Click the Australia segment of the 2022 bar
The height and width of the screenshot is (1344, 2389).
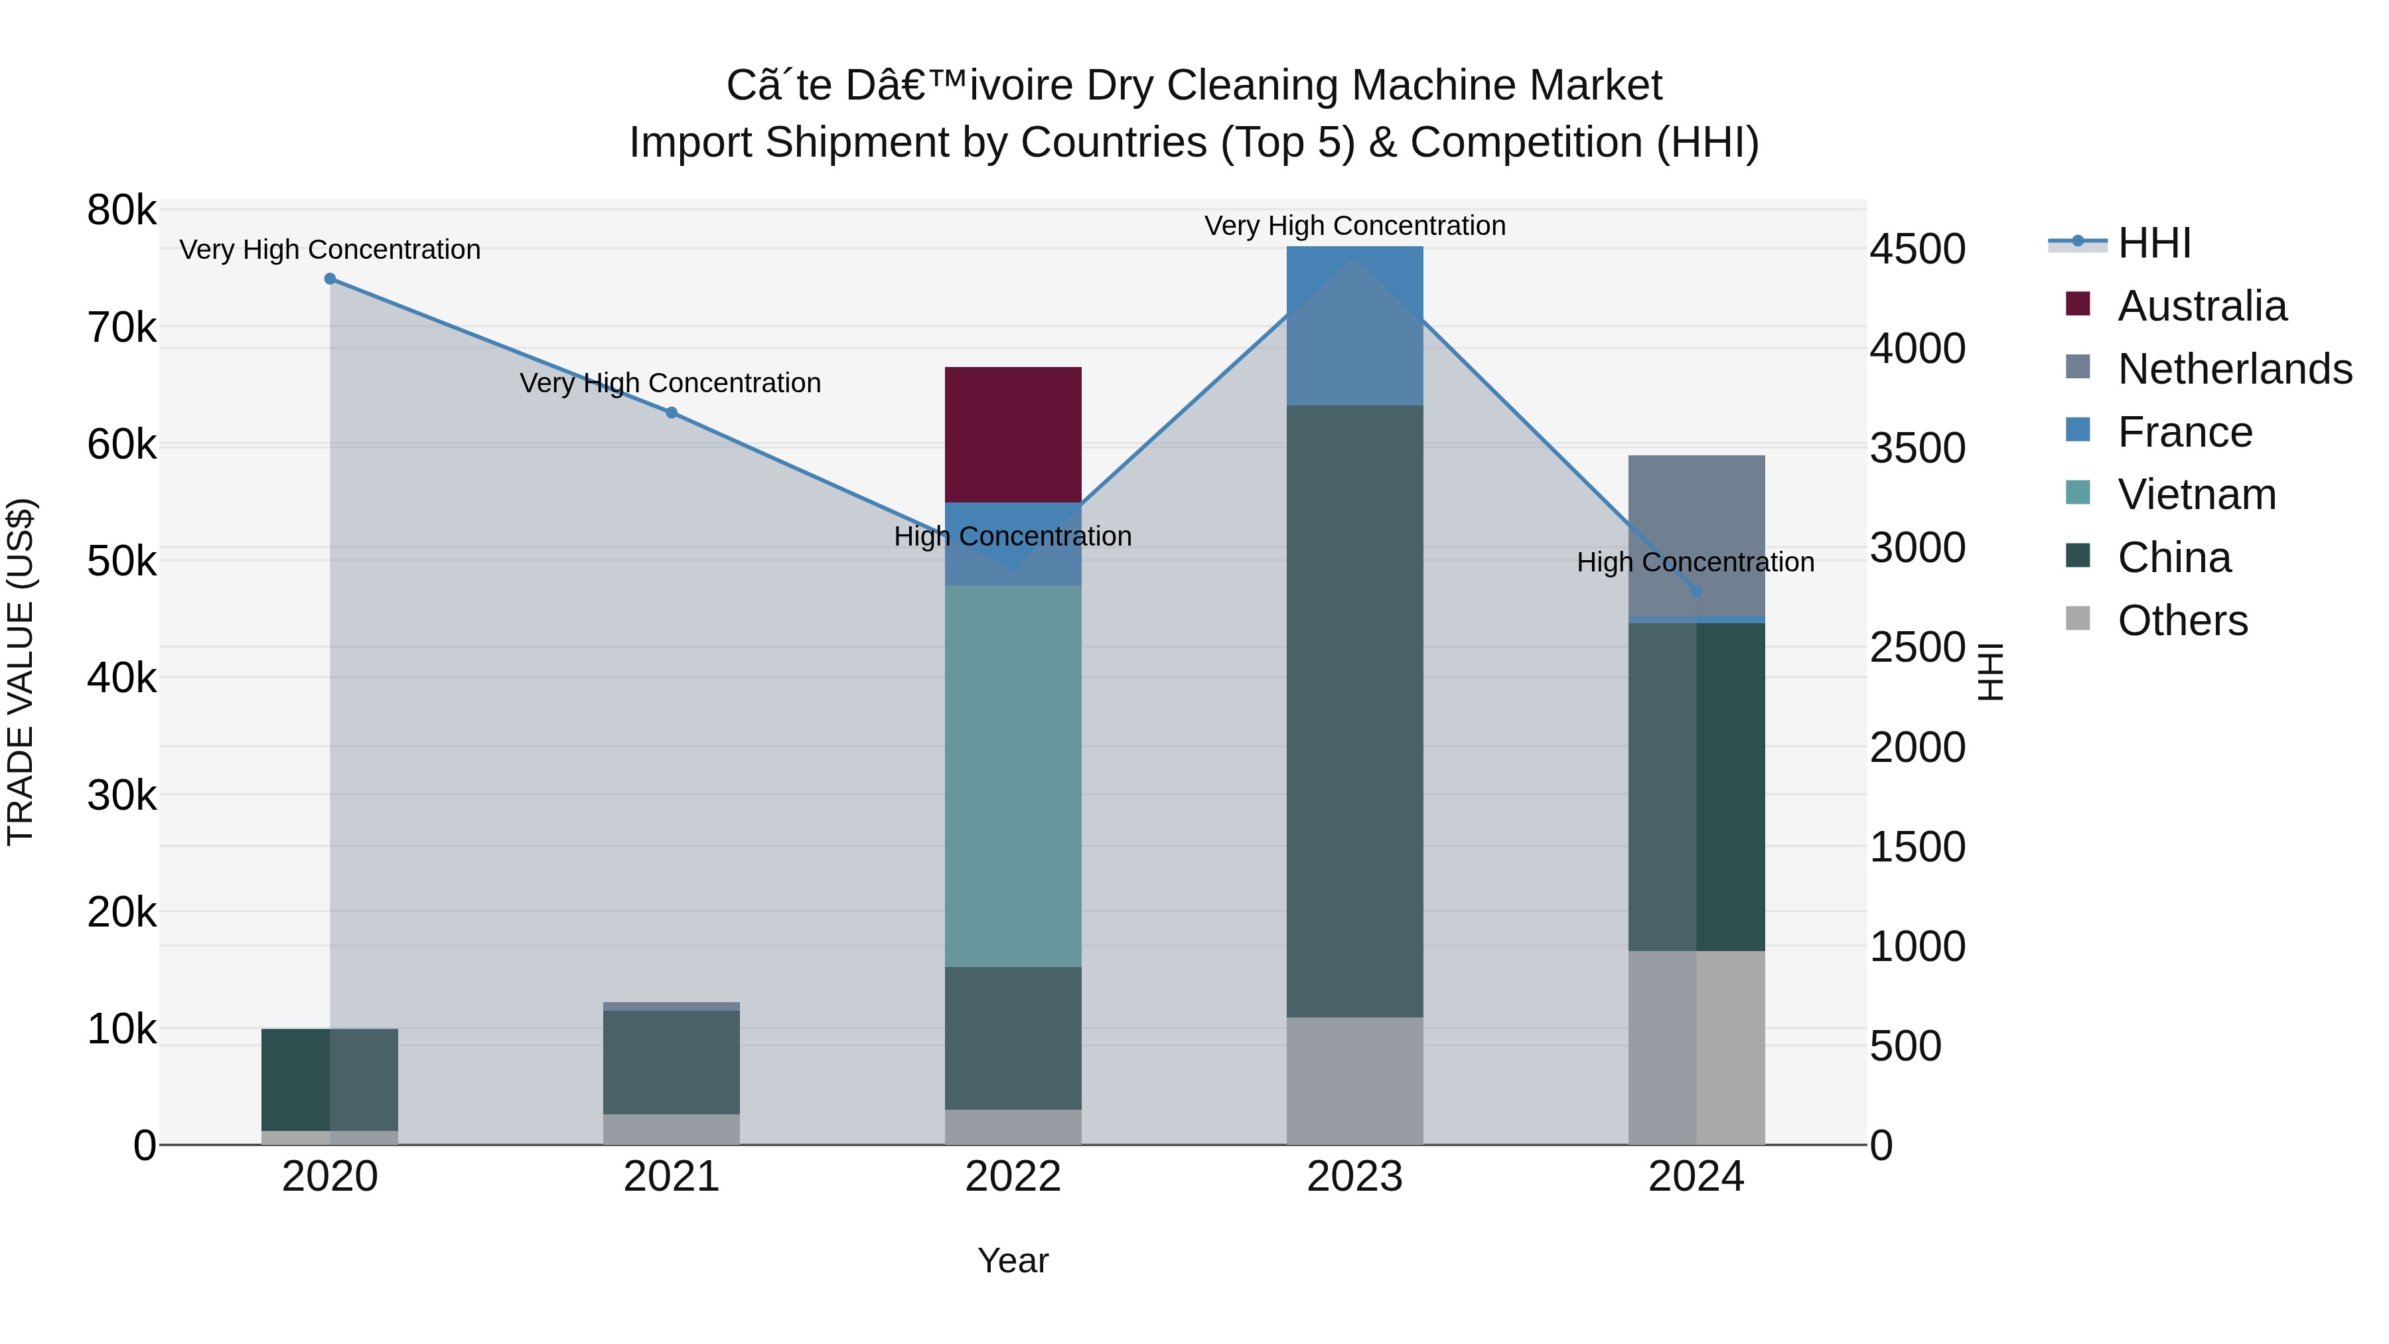point(1013,434)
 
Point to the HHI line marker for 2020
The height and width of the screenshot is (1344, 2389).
point(330,278)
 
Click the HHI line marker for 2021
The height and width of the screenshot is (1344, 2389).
point(672,413)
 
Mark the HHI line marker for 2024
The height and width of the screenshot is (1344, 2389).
point(1696,591)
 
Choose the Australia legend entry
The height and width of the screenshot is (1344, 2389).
point(2202,306)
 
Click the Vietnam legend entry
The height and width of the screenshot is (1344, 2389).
point(2196,494)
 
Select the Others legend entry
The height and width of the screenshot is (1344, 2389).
point(2182,621)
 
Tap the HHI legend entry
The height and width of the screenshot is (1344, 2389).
point(2153,243)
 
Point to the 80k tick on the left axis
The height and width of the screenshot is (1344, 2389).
point(121,210)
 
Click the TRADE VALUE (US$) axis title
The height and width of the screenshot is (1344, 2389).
point(21,672)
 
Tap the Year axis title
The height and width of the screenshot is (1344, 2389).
point(1013,1260)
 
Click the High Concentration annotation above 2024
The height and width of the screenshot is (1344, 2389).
point(1696,562)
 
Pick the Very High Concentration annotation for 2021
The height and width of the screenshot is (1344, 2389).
point(670,383)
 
